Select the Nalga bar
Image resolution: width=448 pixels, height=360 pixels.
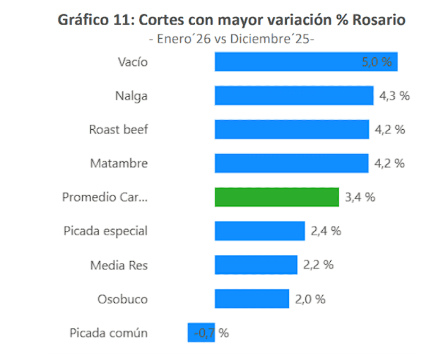point(294,95)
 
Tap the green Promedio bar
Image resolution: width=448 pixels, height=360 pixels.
point(277,197)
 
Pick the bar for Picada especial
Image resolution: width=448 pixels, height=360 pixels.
point(259,231)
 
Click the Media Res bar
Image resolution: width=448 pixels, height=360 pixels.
point(255,265)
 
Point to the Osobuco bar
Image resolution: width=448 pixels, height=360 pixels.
point(252,299)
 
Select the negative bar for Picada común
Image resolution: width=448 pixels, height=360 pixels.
point(194,332)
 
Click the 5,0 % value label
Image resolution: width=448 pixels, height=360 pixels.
point(377,62)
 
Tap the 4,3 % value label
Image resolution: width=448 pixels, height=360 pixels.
point(394,95)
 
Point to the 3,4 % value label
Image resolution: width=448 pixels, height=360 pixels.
point(360,197)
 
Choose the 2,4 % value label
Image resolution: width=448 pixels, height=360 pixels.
point(326,231)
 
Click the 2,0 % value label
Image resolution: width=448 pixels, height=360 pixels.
point(310,299)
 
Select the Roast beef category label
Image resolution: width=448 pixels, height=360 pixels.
point(118,130)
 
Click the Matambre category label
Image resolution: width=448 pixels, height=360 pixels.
point(119,163)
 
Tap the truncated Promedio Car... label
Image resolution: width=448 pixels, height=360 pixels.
point(105,197)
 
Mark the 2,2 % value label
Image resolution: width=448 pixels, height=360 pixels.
point(318,265)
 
